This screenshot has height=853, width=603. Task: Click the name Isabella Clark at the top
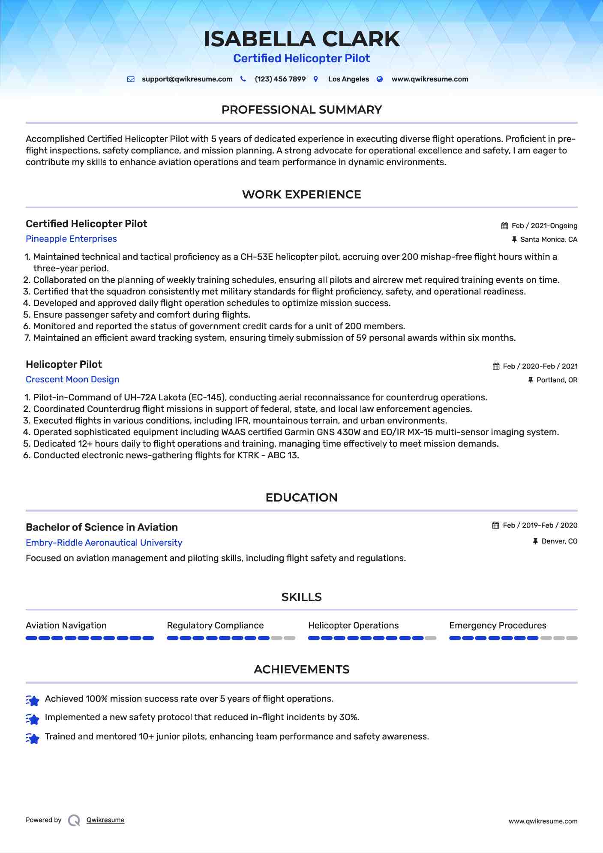click(x=301, y=39)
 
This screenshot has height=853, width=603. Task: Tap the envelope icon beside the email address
click(x=131, y=79)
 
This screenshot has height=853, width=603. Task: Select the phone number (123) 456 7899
click(x=280, y=79)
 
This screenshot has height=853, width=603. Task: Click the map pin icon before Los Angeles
click(x=316, y=79)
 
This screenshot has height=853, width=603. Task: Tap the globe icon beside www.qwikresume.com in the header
click(x=380, y=79)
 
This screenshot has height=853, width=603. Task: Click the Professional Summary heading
click(x=301, y=110)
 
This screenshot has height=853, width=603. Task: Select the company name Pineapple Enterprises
click(x=71, y=239)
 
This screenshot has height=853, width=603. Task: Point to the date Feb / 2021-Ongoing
click(x=544, y=226)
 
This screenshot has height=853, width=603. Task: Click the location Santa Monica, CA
click(x=549, y=240)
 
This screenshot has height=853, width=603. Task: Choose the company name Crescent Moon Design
click(x=72, y=379)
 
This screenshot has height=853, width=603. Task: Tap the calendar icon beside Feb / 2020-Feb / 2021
click(x=496, y=366)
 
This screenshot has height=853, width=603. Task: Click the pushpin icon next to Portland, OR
click(x=531, y=380)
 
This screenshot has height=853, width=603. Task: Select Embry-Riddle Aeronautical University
click(x=104, y=543)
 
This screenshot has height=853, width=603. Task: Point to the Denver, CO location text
click(x=559, y=541)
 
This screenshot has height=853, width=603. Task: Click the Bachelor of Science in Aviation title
click(x=102, y=527)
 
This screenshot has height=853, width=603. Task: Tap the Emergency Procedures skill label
click(x=498, y=625)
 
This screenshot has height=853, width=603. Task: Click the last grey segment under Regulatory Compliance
click(x=290, y=638)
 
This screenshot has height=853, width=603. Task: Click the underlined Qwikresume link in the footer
click(x=105, y=820)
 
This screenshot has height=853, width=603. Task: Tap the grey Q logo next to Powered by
click(x=74, y=820)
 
